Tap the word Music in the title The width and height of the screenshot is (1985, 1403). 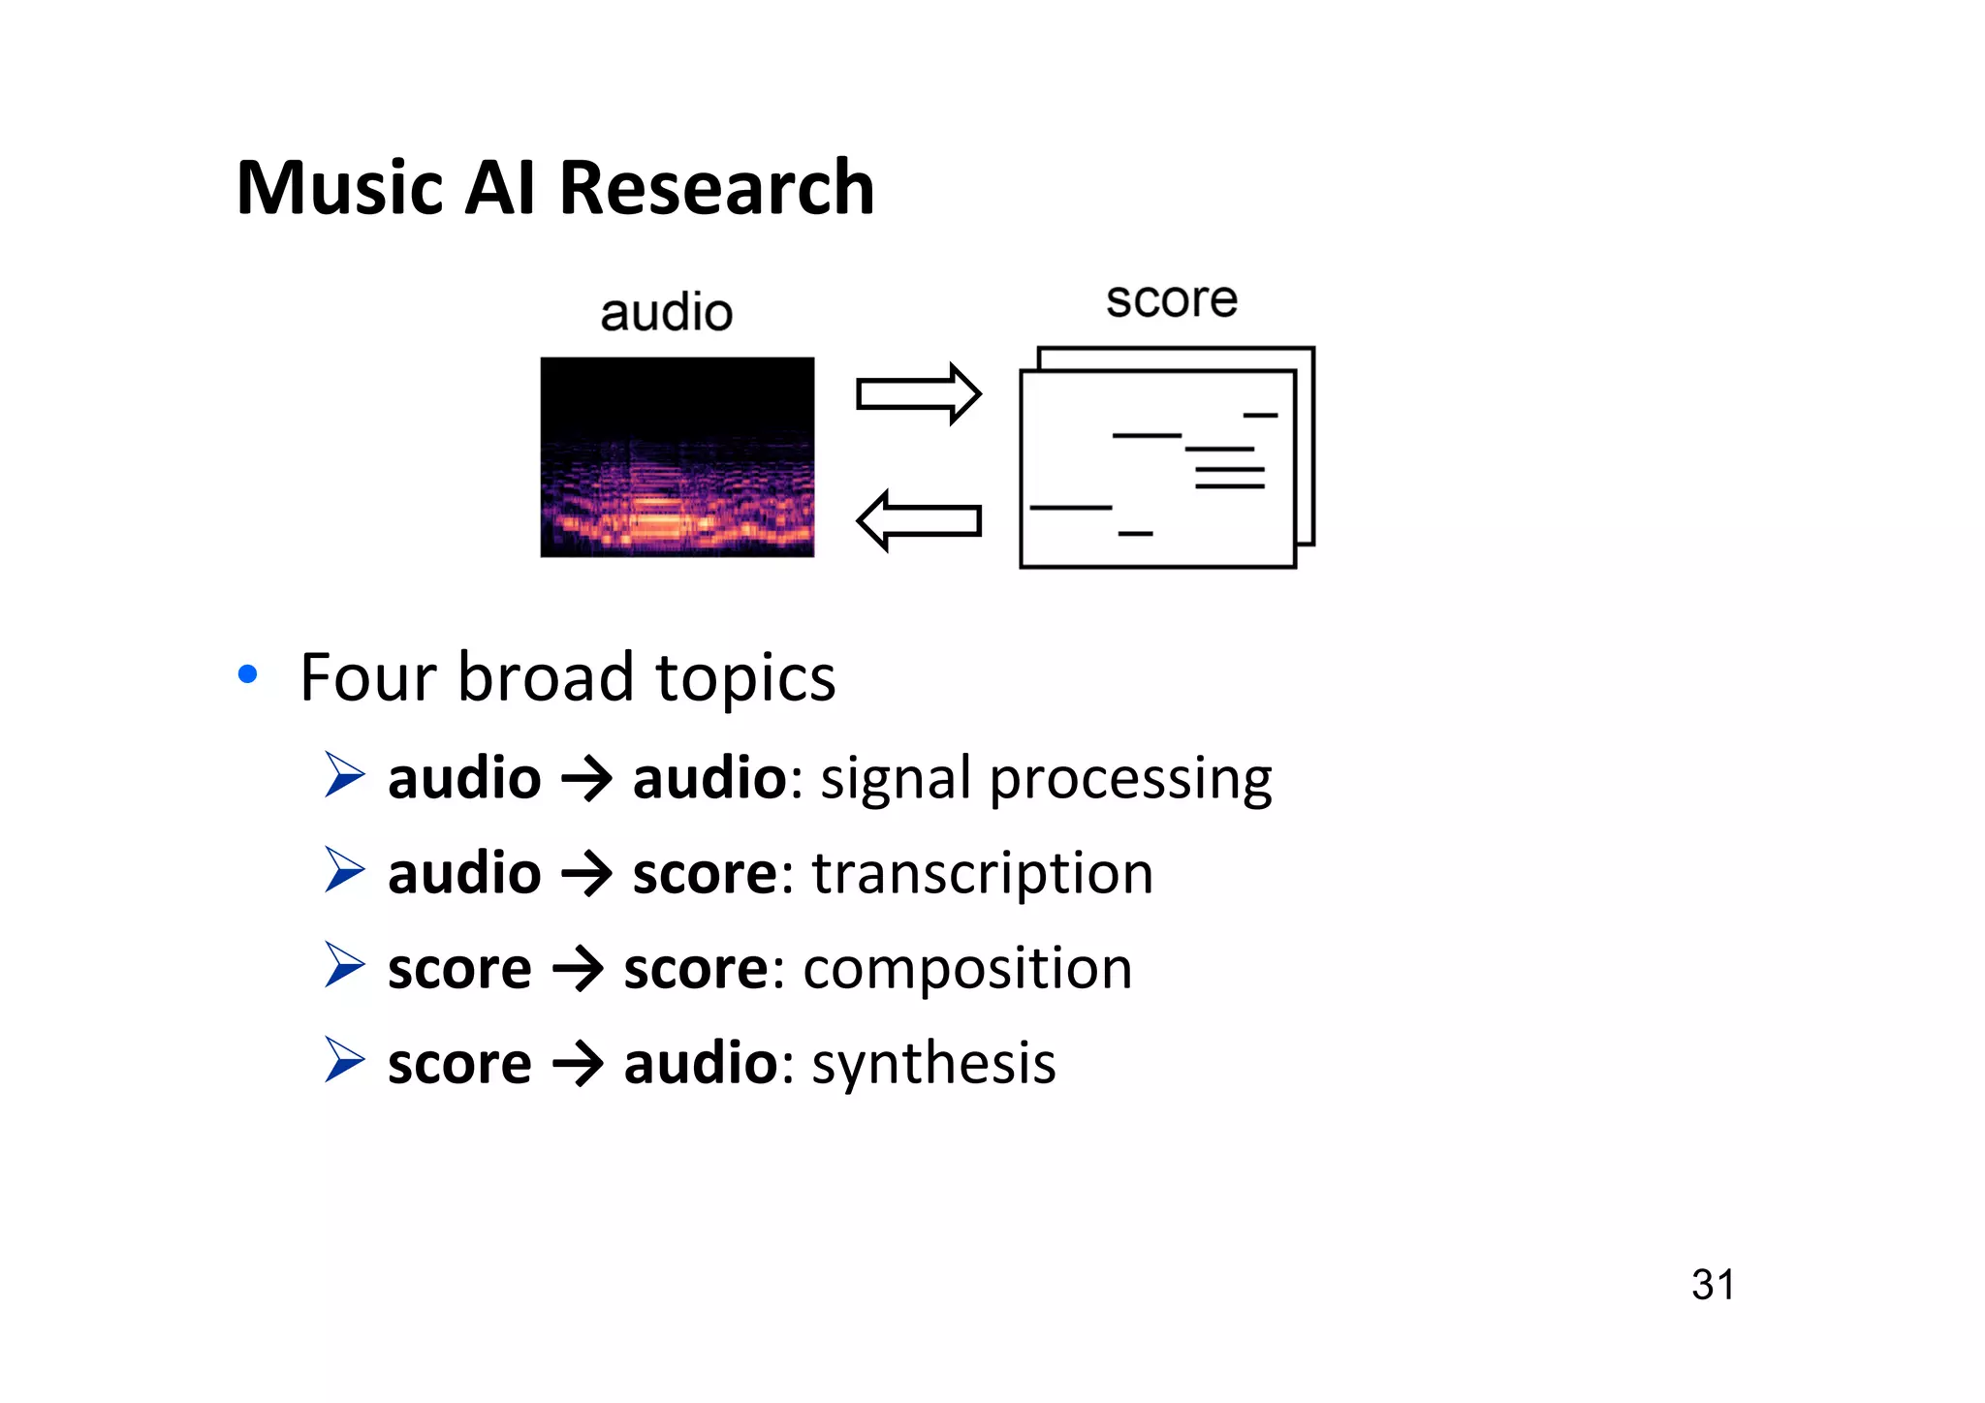[340, 188]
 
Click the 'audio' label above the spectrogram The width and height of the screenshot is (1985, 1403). [666, 313]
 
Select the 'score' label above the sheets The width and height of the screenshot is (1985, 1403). [1171, 299]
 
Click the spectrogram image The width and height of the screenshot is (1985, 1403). [677, 457]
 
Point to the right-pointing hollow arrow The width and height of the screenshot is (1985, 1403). [919, 393]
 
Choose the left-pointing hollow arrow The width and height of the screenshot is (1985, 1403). [919, 520]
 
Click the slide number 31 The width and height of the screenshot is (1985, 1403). [1713, 1285]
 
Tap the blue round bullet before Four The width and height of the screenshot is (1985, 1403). [248, 674]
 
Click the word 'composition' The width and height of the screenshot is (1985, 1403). [967, 969]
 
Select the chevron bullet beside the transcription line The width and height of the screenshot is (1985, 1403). [344, 870]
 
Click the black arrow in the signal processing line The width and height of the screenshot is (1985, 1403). [586, 779]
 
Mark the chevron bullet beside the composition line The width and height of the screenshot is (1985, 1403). [344, 965]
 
